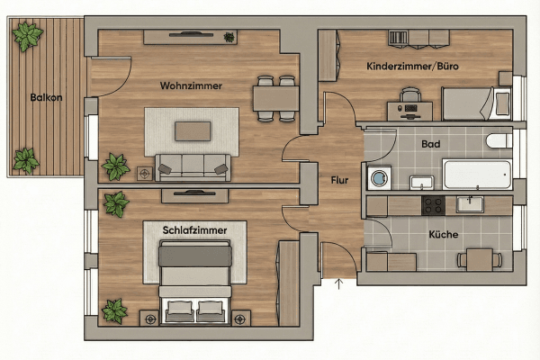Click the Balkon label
tap(45, 97)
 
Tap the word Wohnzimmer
tap(191, 86)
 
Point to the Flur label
tap(339, 180)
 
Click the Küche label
tap(444, 234)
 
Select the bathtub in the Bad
tap(476, 173)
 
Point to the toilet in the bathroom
tap(499, 142)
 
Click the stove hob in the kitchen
tap(433, 205)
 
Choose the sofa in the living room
tap(192, 166)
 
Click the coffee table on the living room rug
tap(193, 131)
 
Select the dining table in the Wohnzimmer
tap(275, 95)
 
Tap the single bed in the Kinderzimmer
tap(477, 103)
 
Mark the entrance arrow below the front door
tap(339, 286)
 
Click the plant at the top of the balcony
tap(28, 37)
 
